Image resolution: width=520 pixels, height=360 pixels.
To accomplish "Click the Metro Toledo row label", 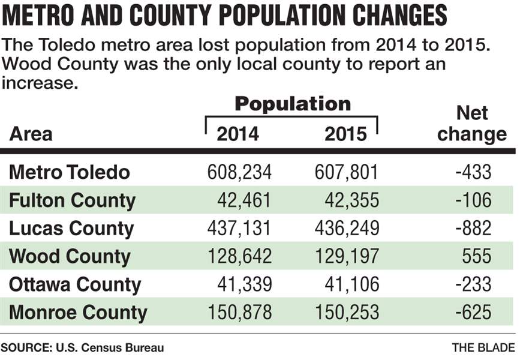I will [70, 173].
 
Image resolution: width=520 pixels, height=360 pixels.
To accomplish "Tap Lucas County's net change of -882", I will [473, 229].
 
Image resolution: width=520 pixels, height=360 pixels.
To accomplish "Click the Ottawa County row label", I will [75, 284].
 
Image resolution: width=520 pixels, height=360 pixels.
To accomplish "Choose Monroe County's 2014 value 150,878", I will [239, 313].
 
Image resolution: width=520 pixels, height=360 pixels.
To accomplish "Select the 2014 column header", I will [238, 133].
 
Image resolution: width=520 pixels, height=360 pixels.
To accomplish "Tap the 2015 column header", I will [345, 133].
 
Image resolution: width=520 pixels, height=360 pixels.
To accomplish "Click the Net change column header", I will [472, 124].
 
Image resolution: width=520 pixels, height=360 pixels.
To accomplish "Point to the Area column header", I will [31, 133].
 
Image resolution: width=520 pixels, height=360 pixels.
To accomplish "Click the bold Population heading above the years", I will [292, 104].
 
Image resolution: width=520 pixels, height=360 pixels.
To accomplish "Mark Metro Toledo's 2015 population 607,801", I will [347, 173].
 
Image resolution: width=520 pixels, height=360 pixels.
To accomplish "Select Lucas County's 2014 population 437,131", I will [239, 229].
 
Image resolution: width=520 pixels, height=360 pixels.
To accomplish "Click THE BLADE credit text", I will [483, 347].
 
